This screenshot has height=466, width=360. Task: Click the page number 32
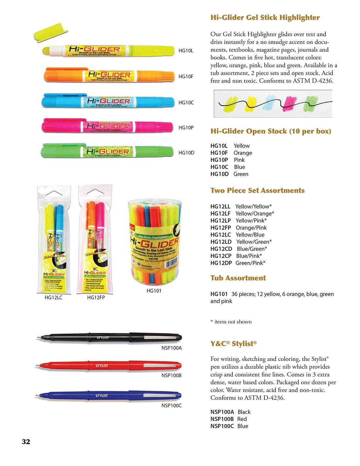point(26,441)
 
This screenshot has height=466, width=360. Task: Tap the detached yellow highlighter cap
point(50,32)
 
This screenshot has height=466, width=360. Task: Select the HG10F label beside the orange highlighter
point(186,77)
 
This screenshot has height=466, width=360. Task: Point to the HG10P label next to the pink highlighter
point(186,128)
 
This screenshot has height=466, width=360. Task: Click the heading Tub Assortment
point(238,278)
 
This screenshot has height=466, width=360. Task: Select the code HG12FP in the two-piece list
point(221,228)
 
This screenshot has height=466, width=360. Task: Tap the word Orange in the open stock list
point(243,153)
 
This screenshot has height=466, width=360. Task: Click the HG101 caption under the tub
point(154,291)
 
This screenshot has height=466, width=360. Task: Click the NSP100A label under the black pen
point(171,348)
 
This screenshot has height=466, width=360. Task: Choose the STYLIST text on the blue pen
point(101,396)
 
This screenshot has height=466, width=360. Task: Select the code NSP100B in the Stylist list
point(222,419)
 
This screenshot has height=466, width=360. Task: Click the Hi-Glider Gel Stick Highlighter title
point(265,18)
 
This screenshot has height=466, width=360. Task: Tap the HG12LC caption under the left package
point(53,297)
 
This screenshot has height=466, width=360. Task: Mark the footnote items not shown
point(233,322)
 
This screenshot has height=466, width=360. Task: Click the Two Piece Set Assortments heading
point(257,190)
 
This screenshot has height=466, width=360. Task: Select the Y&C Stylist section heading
point(233,344)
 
